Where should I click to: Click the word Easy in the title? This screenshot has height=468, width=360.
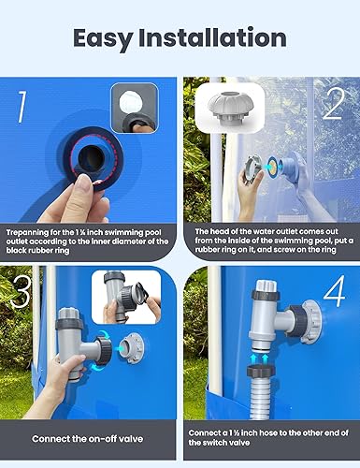(108, 37)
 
